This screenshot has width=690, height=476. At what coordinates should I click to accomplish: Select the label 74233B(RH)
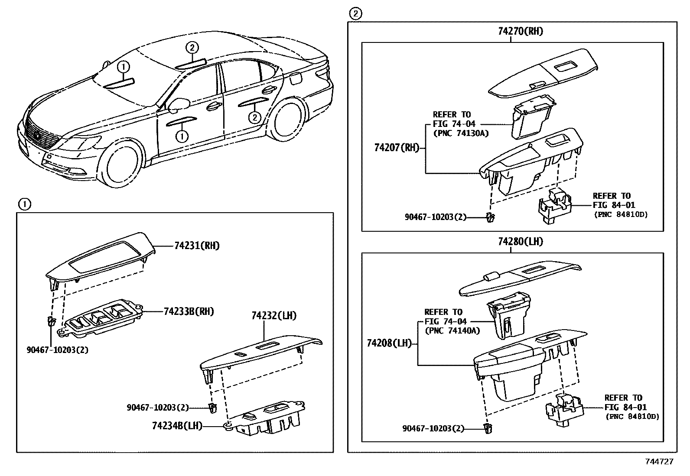tap(189, 311)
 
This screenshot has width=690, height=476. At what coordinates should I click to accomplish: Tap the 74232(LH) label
tap(274, 316)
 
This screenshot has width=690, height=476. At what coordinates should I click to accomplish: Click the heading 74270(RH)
tap(520, 31)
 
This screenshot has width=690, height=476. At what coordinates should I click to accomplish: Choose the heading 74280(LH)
tap(520, 242)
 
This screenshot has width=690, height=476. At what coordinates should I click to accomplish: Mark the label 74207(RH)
tap(397, 148)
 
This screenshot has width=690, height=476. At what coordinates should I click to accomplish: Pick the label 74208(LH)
tap(388, 343)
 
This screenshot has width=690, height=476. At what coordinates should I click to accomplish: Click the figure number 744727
tap(659, 462)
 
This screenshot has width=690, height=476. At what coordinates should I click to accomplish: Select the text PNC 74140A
tap(452, 330)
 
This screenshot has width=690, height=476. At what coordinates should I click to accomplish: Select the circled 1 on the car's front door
tap(182, 136)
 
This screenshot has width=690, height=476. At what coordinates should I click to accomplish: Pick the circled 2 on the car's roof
tap(192, 48)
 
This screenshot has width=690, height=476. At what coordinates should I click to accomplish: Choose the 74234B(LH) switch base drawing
tap(269, 418)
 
